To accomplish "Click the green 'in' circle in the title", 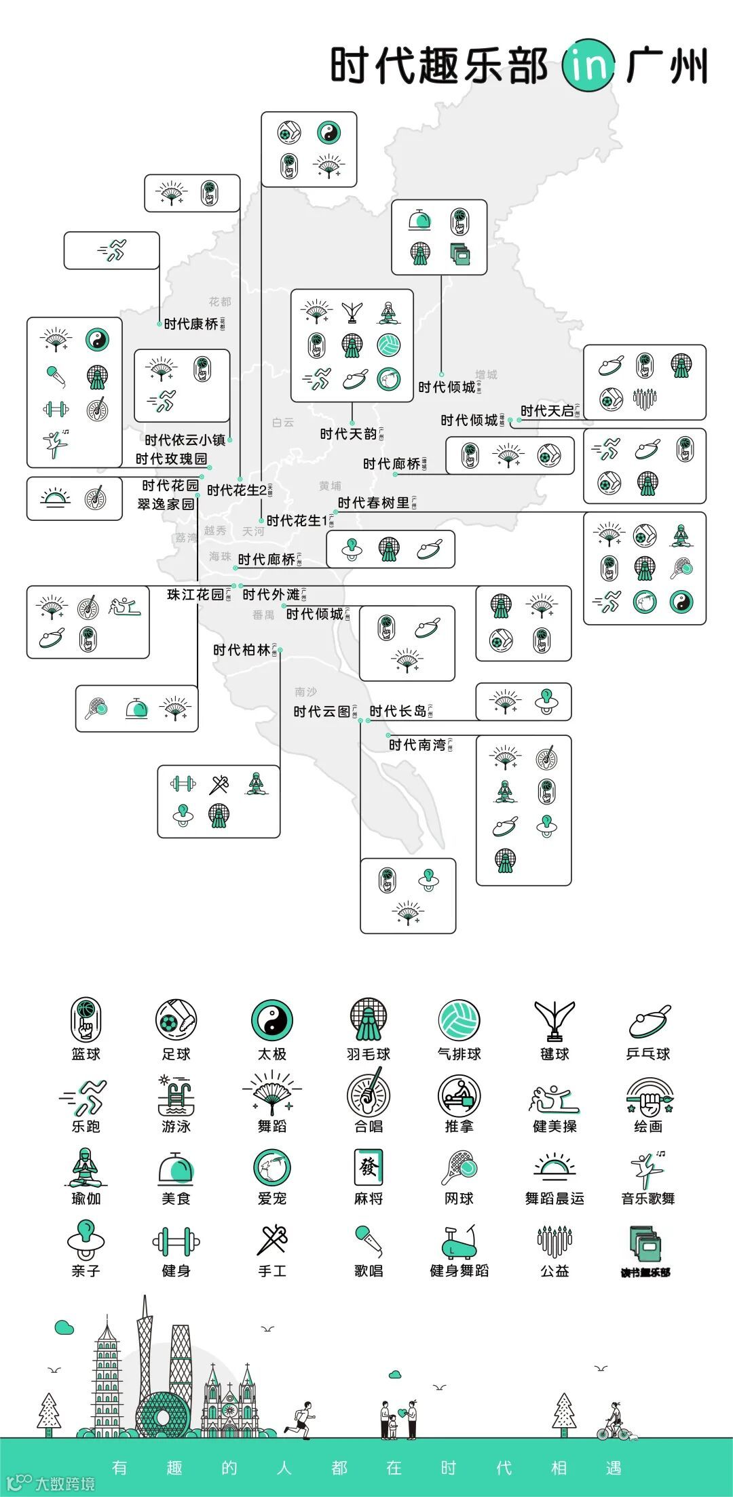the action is [588, 65].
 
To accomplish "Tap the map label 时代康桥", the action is [191, 324].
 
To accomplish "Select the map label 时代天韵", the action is [348, 434].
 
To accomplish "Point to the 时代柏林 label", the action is [242, 650].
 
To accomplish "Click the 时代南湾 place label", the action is [417, 745].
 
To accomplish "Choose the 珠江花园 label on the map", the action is [195, 595].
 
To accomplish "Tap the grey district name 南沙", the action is [305, 692].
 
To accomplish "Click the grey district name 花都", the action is [220, 302].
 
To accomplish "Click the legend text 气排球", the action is [459, 1054].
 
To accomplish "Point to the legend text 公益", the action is [555, 1271].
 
